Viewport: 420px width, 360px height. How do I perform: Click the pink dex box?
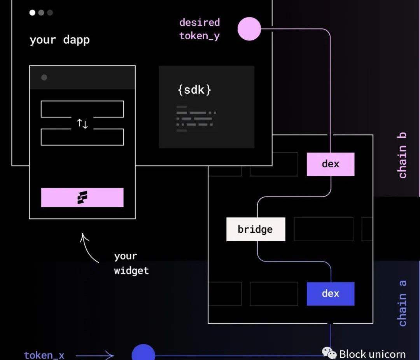tap(331, 164)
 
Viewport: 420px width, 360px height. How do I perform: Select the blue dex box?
tap(331, 293)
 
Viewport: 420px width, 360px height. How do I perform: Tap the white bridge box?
tap(255, 229)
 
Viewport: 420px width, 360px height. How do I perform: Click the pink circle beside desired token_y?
tap(249, 29)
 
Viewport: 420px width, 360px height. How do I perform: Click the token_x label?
tap(44, 355)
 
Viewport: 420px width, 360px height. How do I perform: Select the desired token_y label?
tap(199, 29)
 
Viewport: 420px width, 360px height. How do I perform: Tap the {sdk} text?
tap(194, 90)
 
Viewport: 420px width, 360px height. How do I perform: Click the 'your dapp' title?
tap(59, 40)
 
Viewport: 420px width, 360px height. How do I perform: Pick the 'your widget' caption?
tap(131, 263)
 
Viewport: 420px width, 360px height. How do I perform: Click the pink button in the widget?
tap(82, 197)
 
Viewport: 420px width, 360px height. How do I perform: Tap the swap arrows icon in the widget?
tap(82, 124)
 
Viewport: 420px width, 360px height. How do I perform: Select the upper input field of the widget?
tap(82, 109)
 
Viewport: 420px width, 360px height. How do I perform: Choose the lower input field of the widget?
tap(82, 137)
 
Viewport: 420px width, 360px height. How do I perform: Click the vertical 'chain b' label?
tap(402, 155)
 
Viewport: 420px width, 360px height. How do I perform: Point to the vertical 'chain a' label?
tap(402, 303)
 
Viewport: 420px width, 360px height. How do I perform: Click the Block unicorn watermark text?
tap(372, 354)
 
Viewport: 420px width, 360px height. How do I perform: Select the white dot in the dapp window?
tap(32, 12)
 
